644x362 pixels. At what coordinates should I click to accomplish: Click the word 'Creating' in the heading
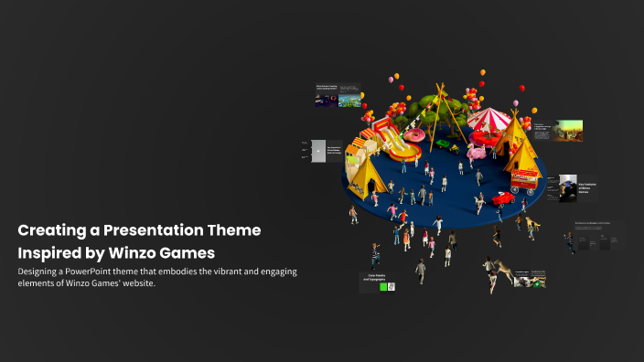tap(51, 230)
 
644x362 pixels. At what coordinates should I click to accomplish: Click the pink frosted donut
tap(413, 136)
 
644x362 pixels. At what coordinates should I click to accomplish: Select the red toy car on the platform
tap(502, 197)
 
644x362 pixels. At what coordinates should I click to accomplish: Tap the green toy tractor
tap(444, 144)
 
